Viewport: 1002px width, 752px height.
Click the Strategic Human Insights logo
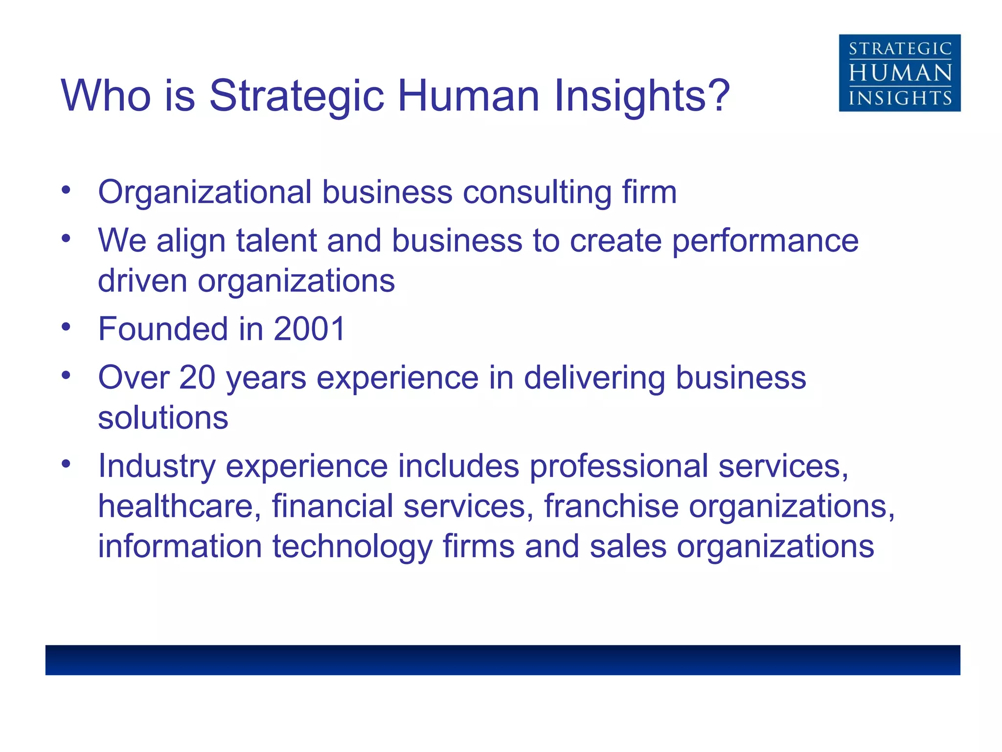click(899, 73)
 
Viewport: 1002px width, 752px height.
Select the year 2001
click(310, 329)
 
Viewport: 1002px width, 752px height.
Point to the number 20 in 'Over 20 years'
click(197, 377)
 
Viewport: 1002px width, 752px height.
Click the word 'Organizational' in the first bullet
click(205, 192)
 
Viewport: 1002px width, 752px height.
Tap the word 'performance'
click(765, 241)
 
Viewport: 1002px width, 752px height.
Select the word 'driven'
click(142, 281)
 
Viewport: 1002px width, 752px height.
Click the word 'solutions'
click(163, 418)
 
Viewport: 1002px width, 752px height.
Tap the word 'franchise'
click(611, 506)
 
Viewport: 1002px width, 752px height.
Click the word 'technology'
click(352, 546)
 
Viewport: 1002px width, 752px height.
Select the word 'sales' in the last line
click(628, 546)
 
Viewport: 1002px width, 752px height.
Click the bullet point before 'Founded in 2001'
click(67, 327)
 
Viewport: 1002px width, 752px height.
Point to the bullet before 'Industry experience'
click(67, 463)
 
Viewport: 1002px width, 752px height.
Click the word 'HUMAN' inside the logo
click(899, 73)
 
